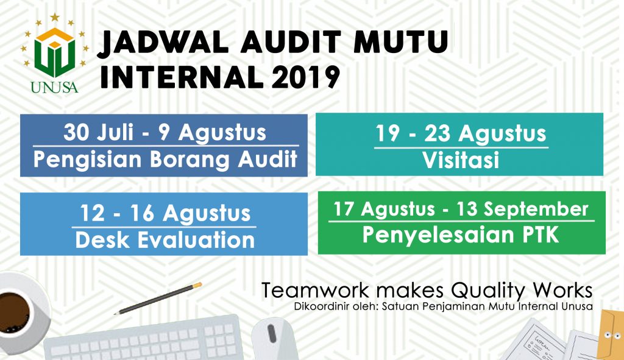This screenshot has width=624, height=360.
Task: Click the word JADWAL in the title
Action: [x=163, y=42]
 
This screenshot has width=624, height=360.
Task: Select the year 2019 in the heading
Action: [x=305, y=77]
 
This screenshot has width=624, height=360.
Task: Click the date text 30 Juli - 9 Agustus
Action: [x=165, y=132]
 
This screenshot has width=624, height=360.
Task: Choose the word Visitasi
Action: [x=461, y=160]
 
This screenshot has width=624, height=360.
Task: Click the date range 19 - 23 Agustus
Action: [x=461, y=133]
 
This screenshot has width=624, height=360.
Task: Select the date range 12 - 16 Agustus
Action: [x=165, y=213]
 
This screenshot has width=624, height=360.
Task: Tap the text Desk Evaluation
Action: [x=165, y=240]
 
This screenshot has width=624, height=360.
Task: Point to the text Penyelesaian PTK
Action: [x=461, y=235]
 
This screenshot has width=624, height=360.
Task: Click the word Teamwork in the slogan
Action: [x=315, y=291]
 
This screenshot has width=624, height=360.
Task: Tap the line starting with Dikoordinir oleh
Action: [x=444, y=306]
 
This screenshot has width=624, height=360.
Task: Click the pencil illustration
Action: [x=158, y=298]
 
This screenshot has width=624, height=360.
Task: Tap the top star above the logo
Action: [x=54, y=17]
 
